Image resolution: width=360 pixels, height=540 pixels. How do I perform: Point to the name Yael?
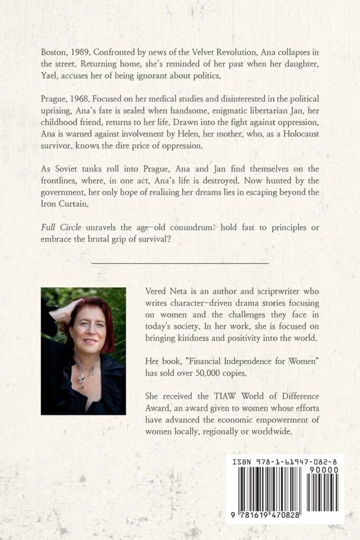point(49,77)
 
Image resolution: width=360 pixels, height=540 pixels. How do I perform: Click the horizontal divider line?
point(180,262)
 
